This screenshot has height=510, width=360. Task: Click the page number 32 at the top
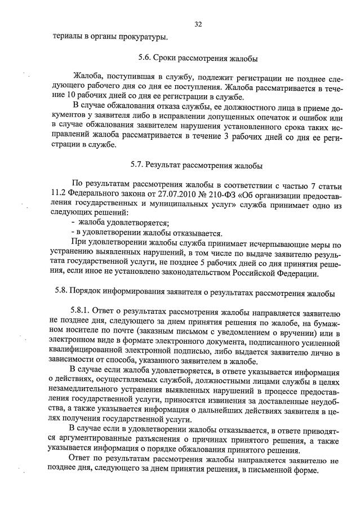point(198,24)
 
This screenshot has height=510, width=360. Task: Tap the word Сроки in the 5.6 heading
point(167,59)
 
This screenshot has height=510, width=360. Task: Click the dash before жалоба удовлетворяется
point(73,224)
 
